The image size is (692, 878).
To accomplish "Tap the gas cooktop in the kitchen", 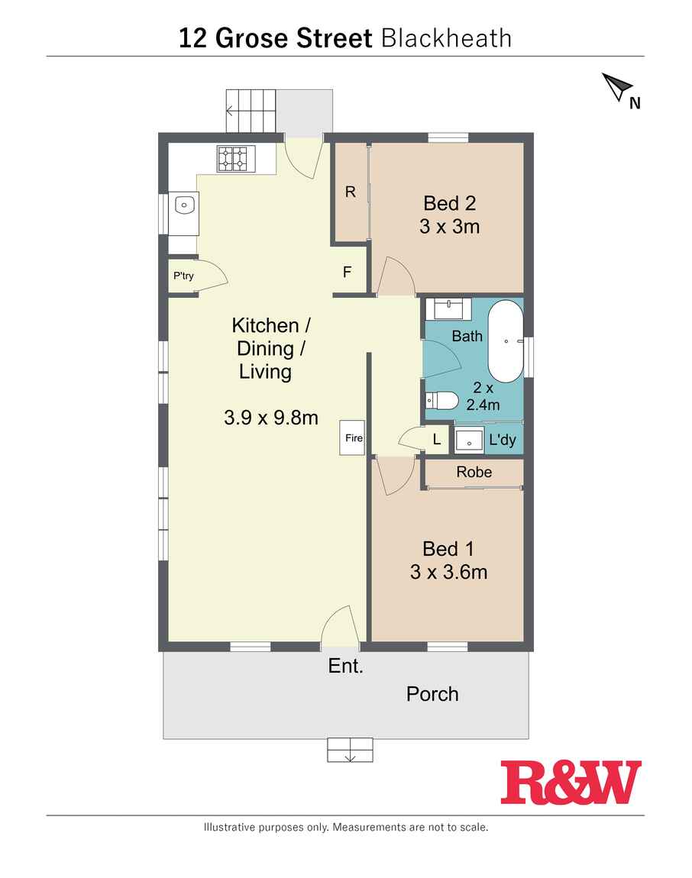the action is pos(236,159).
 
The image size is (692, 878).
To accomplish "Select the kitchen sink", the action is pos(184,205).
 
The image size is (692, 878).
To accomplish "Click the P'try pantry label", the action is pos(183,276).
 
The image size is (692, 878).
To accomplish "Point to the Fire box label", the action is pos(354,438).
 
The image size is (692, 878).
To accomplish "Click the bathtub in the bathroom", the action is pos(506,341).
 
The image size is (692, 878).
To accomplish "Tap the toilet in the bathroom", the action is pos(441,401).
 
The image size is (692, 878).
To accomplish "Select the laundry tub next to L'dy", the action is pos(469,440).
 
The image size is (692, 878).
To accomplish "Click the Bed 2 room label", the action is pos(449,203).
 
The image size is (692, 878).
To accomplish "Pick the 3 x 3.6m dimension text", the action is pos(448,572).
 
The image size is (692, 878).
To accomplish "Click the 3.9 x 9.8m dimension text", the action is pos(270,417).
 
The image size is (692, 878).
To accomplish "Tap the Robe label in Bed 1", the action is pos(474,472).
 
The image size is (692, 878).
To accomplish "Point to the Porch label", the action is pos(432,694).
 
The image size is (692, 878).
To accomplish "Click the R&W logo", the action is pos(571,783).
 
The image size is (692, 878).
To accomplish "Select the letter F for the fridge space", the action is pos(348,272).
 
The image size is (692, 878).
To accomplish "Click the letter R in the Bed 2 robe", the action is pos(351,192).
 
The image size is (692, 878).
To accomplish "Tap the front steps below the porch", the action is pos(351,750).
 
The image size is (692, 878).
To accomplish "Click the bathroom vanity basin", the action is pos(448,308).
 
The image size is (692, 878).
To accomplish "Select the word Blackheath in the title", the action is pos(446,39).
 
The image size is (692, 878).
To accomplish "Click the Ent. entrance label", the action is pos(346,666).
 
